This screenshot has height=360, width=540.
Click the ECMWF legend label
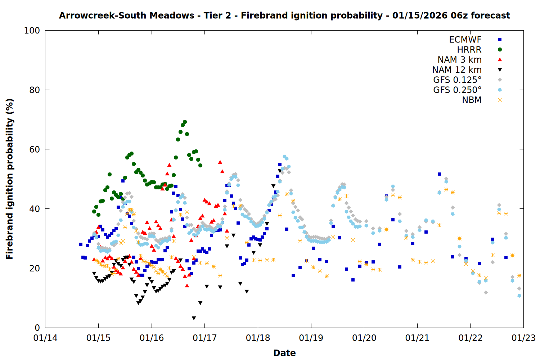[x=465, y=40]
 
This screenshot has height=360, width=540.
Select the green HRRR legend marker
[x=500, y=50]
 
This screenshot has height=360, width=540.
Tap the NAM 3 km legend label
[x=459, y=60]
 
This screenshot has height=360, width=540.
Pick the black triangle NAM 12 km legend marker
[x=500, y=70]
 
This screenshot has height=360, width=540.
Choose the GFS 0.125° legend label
[x=457, y=80]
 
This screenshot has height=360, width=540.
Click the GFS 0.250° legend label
[x=457, y=90]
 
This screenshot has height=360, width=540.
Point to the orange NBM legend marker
[x=500, y=100]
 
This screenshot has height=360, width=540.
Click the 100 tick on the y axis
[x=32, y=31]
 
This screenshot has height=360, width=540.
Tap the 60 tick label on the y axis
[x=35, y=149]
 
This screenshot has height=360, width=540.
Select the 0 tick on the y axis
[x=37, y=328]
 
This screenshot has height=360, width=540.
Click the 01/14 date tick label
[x=45, y=338]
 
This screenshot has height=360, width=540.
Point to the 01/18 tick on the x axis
[x=258, y=338]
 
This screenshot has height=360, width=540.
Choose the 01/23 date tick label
[x=523, y=338]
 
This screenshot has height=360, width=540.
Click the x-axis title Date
[x=284, y=353]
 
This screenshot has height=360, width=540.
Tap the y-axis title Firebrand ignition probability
[x=9, y=179]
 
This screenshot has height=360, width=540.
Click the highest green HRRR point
[x=185, y=122]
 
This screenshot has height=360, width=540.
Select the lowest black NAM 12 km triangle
[x=194, y=318]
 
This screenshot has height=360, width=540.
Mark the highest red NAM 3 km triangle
[x=220, y=162]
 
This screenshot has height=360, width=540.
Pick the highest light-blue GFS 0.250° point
[x=284, y=157]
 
